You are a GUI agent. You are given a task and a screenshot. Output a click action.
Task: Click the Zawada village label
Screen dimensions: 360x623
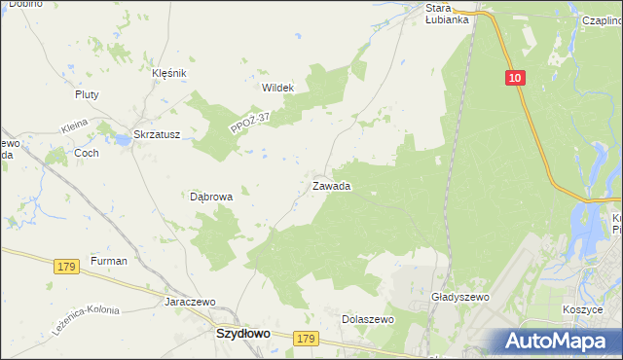click(x=331, y=185)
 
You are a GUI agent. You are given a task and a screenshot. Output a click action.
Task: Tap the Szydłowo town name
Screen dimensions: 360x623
click(x=242, y=333)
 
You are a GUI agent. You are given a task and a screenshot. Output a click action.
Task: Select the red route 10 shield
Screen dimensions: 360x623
click(x=515, y=77)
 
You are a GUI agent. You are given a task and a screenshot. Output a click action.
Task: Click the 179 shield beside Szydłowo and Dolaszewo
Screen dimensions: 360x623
click(x=306, y=338)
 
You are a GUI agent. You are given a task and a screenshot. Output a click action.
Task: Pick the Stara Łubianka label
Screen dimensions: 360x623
click(x=448, y=14)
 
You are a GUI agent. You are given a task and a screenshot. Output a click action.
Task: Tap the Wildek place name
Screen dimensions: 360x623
click(x=277, y=88)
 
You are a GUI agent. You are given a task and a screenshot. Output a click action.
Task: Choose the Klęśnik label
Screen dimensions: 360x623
click(x=168, y=73)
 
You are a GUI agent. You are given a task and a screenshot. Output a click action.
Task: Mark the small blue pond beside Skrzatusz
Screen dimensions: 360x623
click(x=123, y=141)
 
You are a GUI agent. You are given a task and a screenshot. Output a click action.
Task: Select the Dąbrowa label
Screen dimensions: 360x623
click(x=211, y=196)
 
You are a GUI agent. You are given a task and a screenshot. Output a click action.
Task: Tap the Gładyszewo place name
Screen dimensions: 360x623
click(x=458, y=297)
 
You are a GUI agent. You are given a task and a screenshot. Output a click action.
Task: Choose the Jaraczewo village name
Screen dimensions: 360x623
click(x=190, y=302)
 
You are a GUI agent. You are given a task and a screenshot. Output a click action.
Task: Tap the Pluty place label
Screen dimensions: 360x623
click(x=88, y=94)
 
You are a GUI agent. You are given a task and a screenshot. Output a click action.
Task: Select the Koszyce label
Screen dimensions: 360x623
click(x=583, y=307)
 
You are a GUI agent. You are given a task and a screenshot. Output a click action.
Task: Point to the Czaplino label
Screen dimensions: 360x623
click(x=602, y=19)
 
